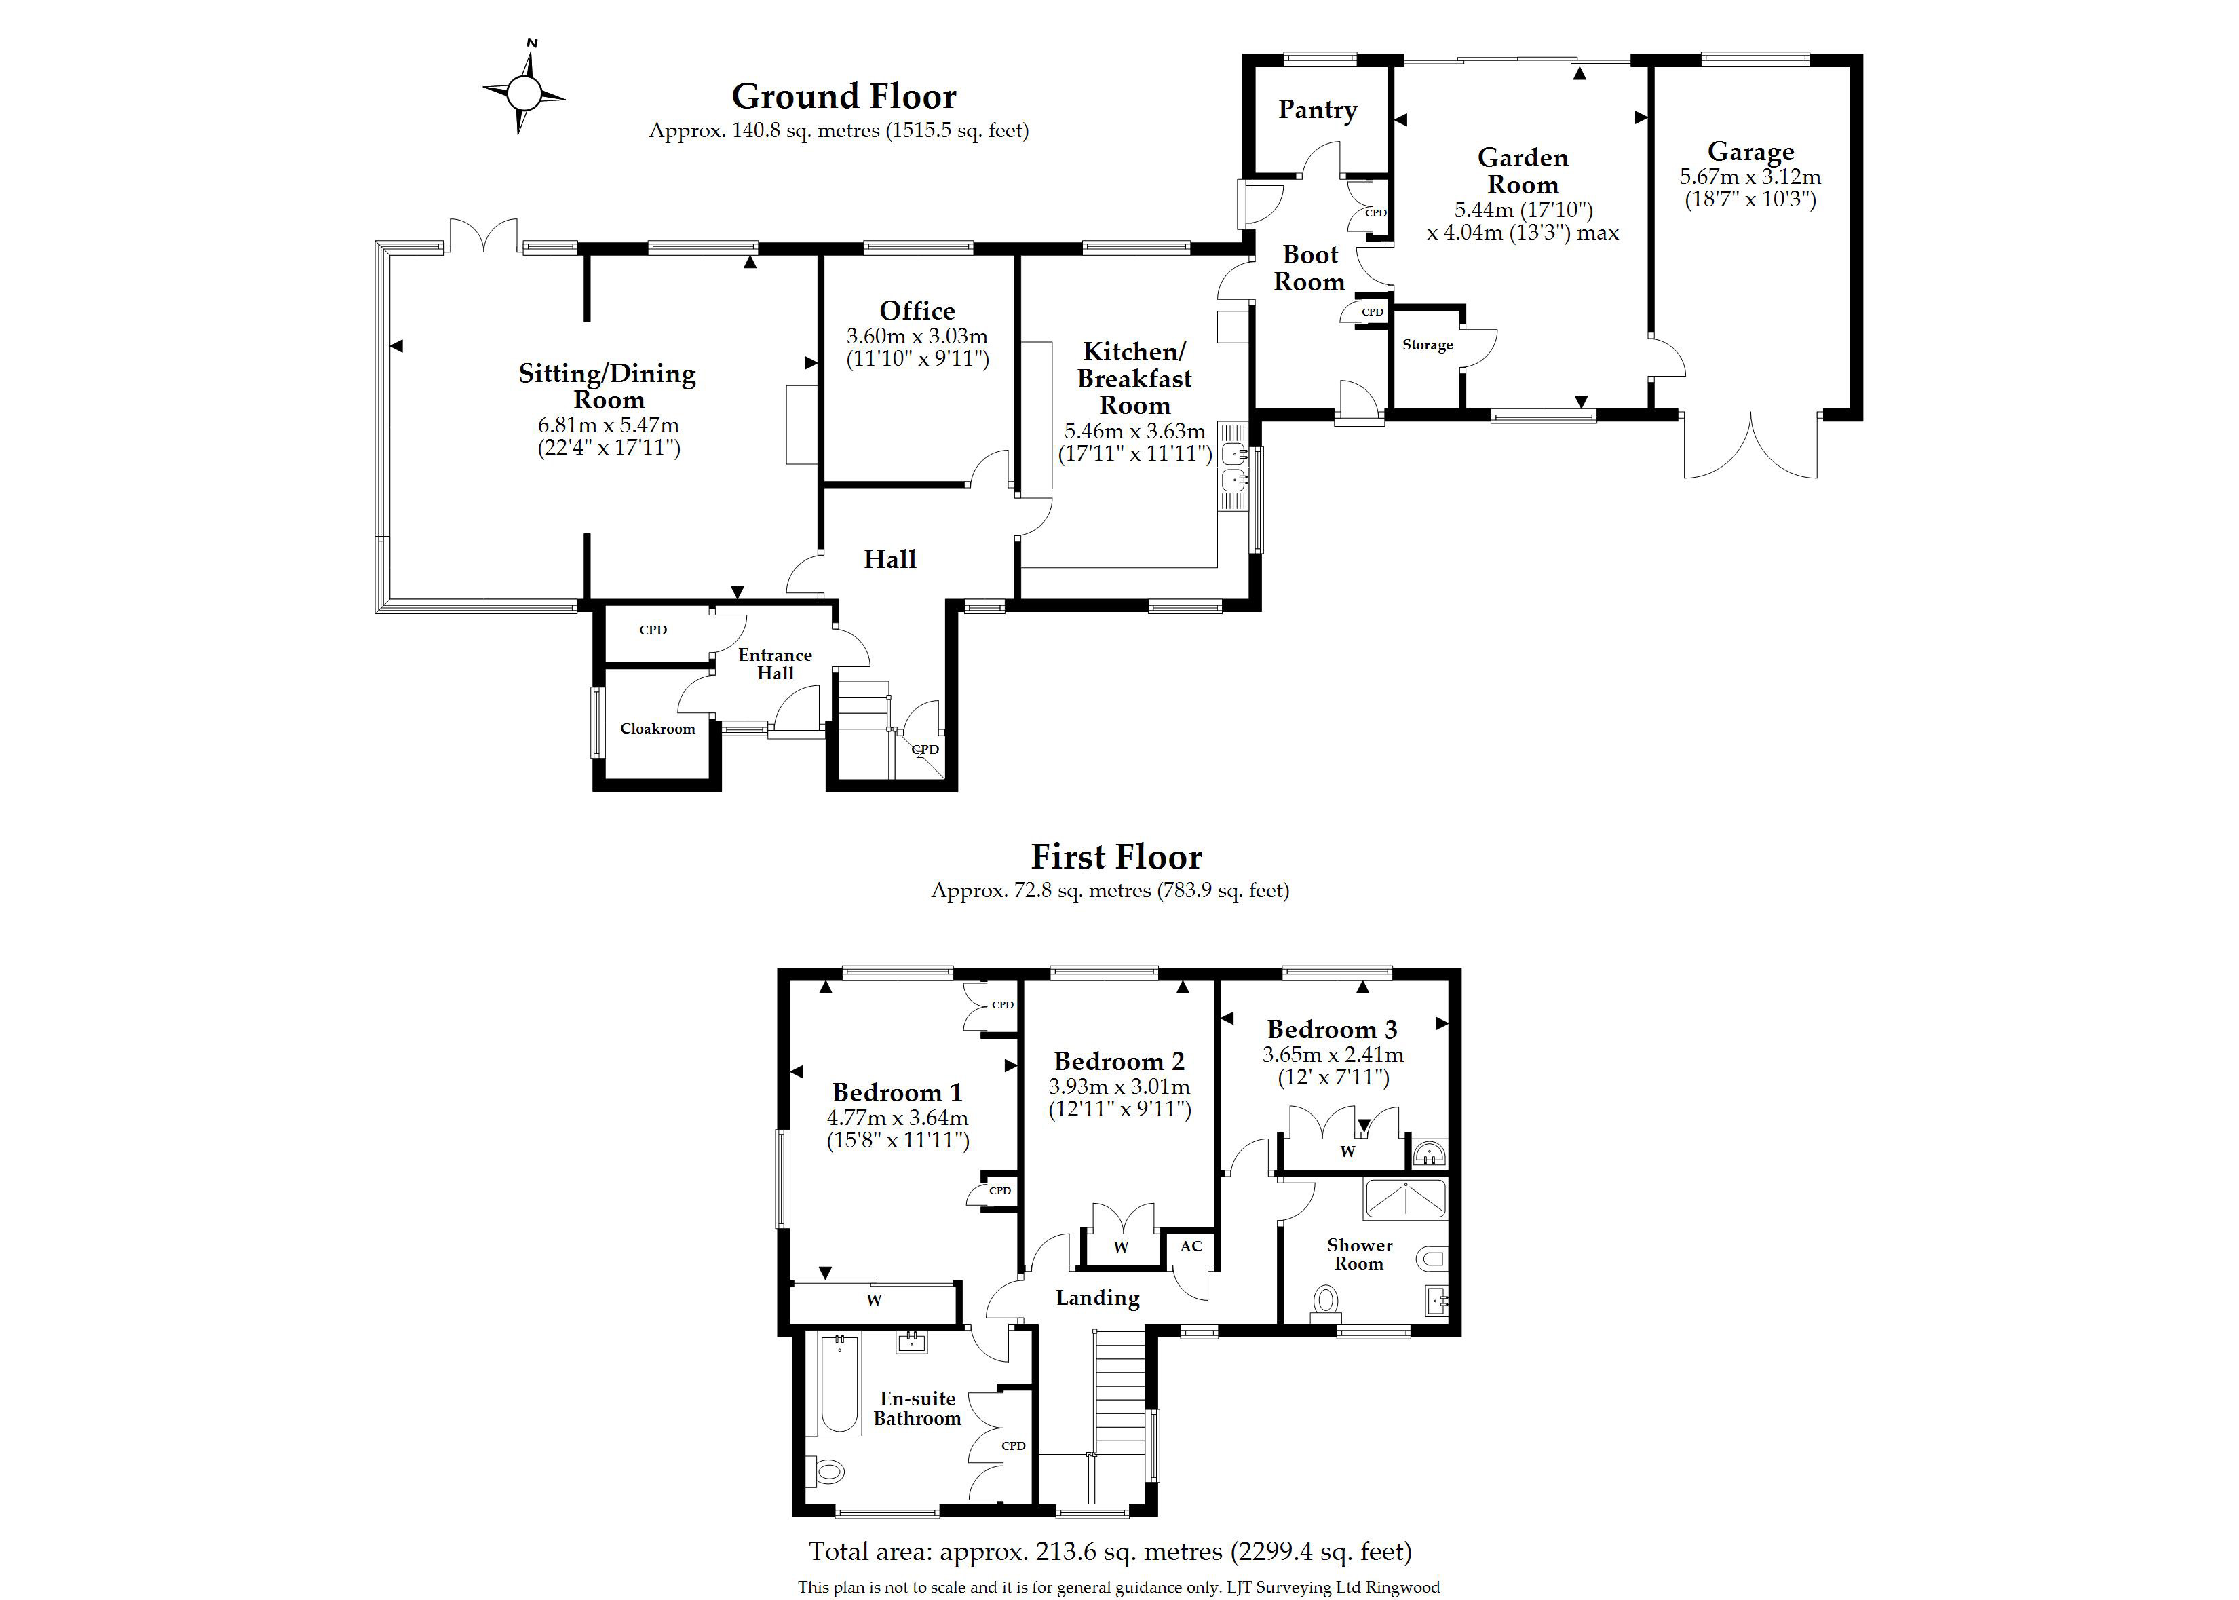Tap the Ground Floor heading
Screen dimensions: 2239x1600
pyautogui.click(x=843, y=96)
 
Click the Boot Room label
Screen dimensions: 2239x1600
pyautogui.click(x=1309, y=268)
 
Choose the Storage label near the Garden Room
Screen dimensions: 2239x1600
pyautogui.click(x=1428, y=345)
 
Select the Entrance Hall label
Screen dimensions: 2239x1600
pyautogui.click(x=776, y=664)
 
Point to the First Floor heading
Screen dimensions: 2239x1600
pyautogui.click(x=1116, y=857)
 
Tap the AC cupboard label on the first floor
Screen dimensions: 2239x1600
pyautogui.click(x=1191, y=1246)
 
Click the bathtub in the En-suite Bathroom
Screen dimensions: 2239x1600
pyautogui.click(x=840, y=1385)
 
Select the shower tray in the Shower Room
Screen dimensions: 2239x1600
pyautogui.click(x=1404, y=1199)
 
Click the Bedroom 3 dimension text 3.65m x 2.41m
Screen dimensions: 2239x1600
pyautogui.click(x=1333, y=1055)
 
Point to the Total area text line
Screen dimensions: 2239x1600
pyautogui.click(x=1110, y=1553)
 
